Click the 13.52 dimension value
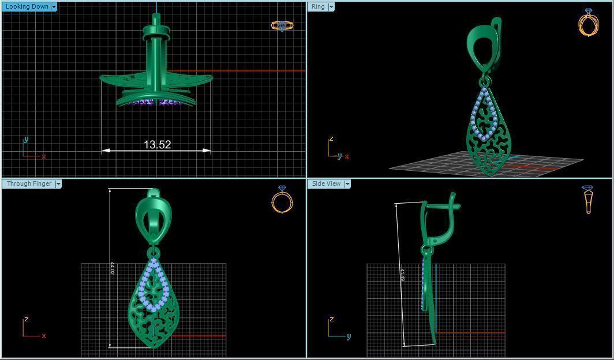coord(157,145)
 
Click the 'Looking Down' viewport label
coord(27,7)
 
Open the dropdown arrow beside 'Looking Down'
coord(54,7)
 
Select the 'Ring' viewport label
coord(318,7)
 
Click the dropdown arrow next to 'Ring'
coord(331,7)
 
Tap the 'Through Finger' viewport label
coord(29,184)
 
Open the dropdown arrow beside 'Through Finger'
coord(58,184)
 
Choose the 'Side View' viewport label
coord(326,184)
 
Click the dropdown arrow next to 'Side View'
coord(347,184)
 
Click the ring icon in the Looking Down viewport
coord(282,25)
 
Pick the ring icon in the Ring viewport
coord(588,23)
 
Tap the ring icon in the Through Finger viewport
coord(282,200)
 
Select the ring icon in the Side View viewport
coord(588,200)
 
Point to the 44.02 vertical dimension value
coord(112,268)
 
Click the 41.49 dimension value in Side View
coord(402,275)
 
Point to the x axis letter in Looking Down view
coord(44,156)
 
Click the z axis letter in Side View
coord(332,319)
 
